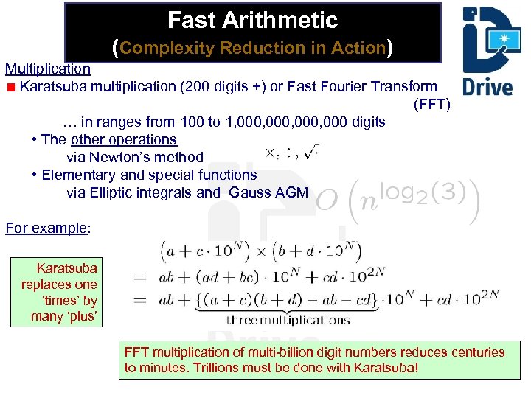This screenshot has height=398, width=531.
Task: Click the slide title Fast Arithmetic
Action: [252, 20]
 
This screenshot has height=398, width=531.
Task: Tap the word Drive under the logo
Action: [487, 86]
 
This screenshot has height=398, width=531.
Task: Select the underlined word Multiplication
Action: [48, 69]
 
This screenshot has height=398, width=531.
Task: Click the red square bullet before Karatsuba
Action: [10, 87]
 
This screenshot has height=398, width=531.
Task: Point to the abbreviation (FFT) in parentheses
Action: [431, 104]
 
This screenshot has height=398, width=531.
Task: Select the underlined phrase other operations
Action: [124, 139]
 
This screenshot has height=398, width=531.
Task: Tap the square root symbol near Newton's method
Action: [312, 153]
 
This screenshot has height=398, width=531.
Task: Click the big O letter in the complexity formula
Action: [327, 201]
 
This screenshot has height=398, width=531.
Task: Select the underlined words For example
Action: [46, 228]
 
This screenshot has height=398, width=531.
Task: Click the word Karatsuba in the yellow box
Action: [66, 268]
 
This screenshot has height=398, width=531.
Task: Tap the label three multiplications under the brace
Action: [277, 320]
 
